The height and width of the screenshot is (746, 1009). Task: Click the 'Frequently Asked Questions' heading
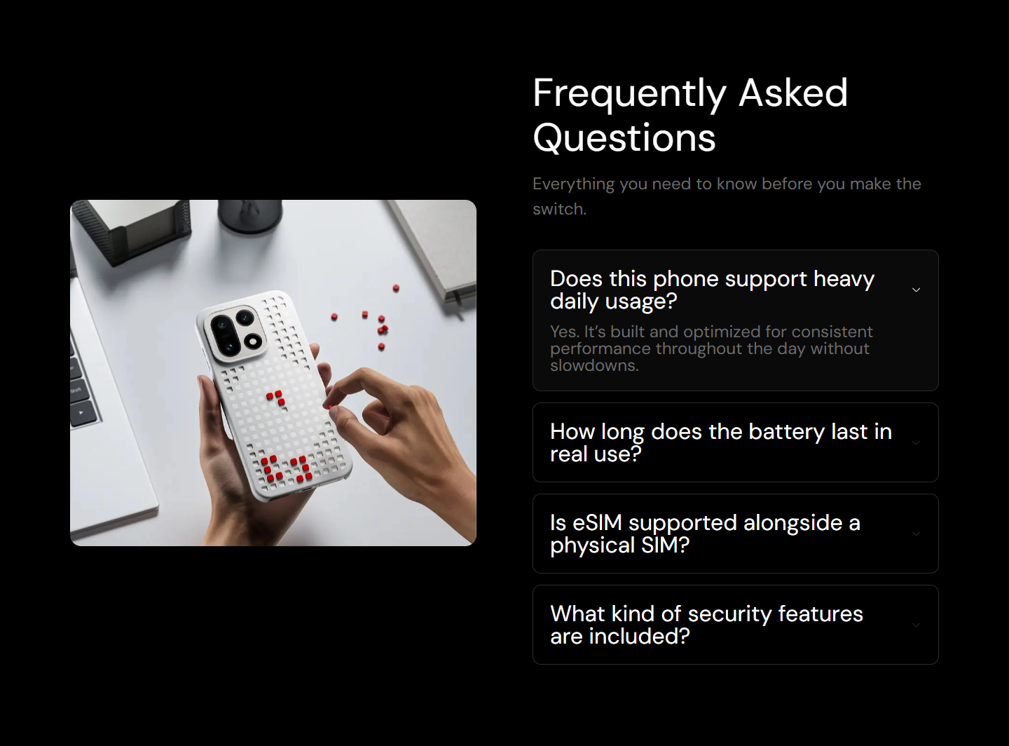690,115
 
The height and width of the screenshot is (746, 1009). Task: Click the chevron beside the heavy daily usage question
917,290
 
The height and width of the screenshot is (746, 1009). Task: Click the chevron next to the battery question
917,442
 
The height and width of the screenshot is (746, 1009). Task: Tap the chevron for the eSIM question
917,534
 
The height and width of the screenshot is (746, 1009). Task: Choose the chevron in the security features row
917,625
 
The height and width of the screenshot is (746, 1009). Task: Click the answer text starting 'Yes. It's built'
711,348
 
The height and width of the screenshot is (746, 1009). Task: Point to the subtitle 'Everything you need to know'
727,196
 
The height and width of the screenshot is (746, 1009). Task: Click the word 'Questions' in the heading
624,138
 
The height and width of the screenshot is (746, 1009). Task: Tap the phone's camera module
234,334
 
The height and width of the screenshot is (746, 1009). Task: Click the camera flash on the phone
252,341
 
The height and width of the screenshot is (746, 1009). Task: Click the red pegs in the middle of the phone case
275,398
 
